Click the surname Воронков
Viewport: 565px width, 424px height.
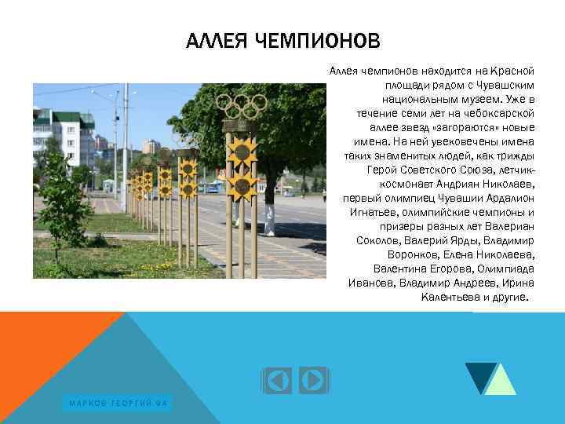pos(417,255)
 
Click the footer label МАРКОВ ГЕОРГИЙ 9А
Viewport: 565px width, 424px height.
pos(118,404)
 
